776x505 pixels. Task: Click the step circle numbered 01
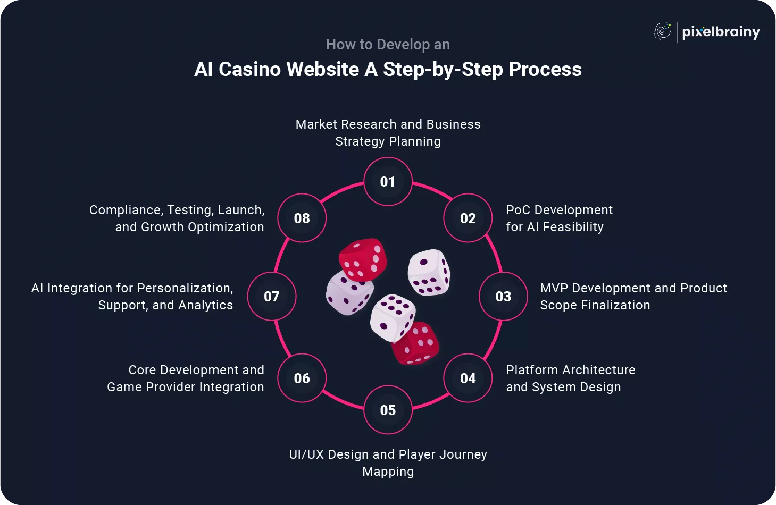(x=388, y=182)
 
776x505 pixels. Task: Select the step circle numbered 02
(x=468, y=218)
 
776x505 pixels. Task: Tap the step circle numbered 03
(x=503, y=296)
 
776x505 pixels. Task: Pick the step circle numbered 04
(x=468, y=378)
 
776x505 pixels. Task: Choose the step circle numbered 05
(x=388, y=410)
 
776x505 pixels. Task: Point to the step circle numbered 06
(x=302, y=378)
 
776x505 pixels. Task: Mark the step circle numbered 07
(x=271, y=296)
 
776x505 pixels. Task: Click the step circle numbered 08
(x=302, y=218)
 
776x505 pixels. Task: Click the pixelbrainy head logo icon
(x=662, y=32)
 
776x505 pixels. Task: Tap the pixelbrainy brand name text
(x=721, y=32)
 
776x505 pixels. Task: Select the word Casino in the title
(x=250, y=70)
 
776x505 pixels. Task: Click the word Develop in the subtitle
(x=403, y=45)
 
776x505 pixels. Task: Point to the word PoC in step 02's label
(x=518, y=210)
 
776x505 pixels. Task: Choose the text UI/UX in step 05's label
(x=306, y=454)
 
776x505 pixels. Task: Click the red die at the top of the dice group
(x=363, y=259)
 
